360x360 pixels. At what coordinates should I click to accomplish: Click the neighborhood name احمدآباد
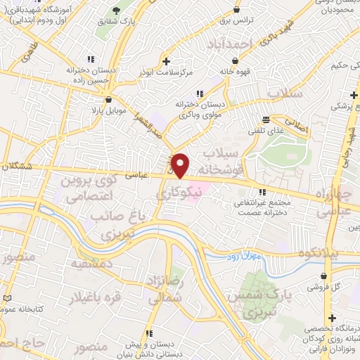tap(229, 45)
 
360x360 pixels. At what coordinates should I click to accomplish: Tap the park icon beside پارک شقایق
tap(116, 11)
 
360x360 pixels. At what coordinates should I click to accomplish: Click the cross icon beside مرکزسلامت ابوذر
tap(166, 60)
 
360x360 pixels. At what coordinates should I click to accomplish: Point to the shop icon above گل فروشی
tap(323, 276)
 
